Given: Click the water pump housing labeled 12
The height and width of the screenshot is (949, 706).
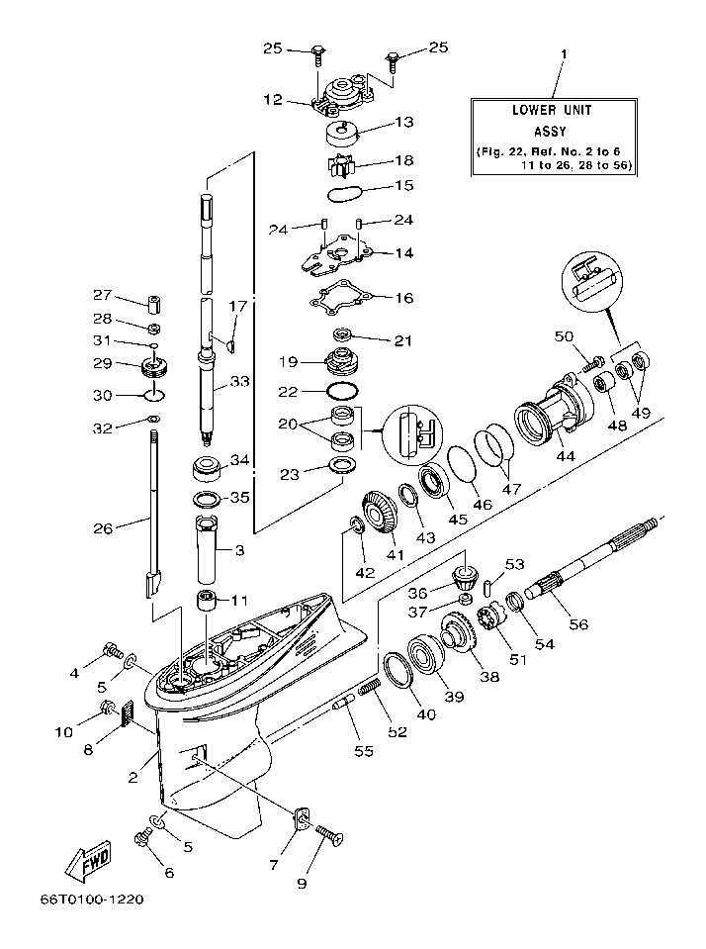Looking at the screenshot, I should [341, 96].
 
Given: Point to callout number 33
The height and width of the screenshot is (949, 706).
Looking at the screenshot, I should [241, 381].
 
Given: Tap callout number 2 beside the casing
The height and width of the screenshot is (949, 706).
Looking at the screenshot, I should [133, 778].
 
